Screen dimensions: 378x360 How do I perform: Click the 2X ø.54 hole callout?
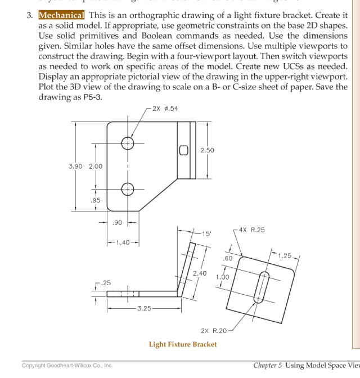point(165,108)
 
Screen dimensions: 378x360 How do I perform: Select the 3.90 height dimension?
point(75,166)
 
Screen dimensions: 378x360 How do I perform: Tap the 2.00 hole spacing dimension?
point(95,166)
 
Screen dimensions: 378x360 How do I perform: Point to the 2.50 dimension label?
point(207,151)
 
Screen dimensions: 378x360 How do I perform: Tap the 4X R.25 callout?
point(251,229)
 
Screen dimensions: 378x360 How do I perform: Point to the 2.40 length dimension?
point(200,273)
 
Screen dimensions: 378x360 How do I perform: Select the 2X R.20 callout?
point(213,330)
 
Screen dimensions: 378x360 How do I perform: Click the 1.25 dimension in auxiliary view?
point(284,256)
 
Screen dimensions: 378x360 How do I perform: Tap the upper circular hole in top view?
point(128,143)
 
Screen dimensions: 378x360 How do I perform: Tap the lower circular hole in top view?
point(128,189)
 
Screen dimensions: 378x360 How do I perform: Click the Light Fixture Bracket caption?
point(182,344)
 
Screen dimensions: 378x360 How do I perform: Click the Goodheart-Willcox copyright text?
point(67,366)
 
